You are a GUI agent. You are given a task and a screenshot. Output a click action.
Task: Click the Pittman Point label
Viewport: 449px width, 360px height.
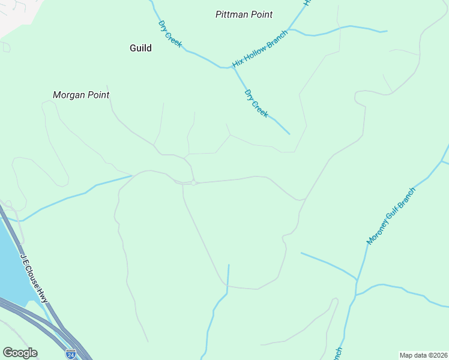[244, 14]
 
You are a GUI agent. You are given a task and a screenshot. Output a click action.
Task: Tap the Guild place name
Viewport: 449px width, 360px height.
[140, 48]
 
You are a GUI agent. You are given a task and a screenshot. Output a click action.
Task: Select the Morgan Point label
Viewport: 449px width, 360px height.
[81, 95]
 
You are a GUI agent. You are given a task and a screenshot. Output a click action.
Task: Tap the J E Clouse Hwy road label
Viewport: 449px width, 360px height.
[34, 278]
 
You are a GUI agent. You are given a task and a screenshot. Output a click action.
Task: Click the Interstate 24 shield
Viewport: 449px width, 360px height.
[71, 354]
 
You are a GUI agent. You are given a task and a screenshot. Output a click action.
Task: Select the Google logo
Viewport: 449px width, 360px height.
[20, 353]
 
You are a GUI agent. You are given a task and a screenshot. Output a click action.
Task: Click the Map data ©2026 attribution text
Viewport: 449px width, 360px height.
[423, 355]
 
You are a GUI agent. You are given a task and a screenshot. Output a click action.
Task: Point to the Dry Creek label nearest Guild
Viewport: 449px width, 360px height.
[170, 34]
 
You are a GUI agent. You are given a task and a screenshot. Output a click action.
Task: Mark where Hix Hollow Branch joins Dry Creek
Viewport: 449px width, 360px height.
[232, 67]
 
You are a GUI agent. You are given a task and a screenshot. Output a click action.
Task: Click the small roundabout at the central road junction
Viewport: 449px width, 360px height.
[194, 182]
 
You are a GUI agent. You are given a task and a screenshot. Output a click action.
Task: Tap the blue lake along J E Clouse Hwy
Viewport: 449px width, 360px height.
[12, 264]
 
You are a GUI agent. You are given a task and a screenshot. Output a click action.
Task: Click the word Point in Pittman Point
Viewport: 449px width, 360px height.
[261, 14]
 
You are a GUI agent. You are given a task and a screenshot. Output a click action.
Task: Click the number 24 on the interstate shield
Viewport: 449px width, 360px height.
[71, 355]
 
